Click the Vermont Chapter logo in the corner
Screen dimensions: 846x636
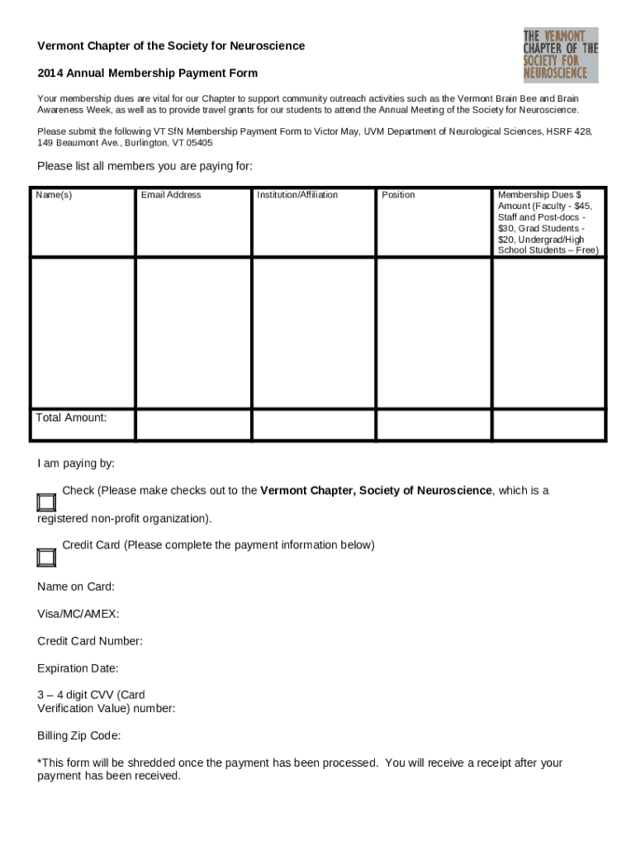pyautogui.click(x=560, y=55)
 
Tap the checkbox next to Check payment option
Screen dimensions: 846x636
pyautogui.click(x=46, y=502)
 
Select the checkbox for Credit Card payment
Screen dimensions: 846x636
pyautogui.click(x=46, y=557)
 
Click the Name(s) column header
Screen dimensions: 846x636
pyautogui.click(x=54, y=195)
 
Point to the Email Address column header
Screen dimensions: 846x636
pyautogui.click(x=171, y=195)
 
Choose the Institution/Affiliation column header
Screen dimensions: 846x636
pyautogui.click(x=297, y=195)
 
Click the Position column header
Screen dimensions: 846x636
pyautogui.click(x=398, y=195)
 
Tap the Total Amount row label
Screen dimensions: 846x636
pyautogui.click(x=72, y=417)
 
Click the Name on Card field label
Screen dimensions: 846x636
pyautogui.click(x=76, y=587)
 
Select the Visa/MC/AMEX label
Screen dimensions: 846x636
pyautogui.click(x=78, y=614)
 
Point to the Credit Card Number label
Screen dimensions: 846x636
pyautogui.click(x=90, y=641)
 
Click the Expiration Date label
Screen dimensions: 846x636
pyautogui.click(x=78, y=668)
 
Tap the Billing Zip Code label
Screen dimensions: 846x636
pyautogui.click(x=79, y=735)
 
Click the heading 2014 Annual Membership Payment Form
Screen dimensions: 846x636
pyautogui.click(x=147, y=74)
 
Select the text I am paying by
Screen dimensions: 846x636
pyautogui.click(x=76, y=463)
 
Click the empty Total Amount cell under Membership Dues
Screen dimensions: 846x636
pyautogui.click(x=548, y=424)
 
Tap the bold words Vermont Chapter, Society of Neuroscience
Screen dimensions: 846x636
pyautogui.click(x=376, y=491)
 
